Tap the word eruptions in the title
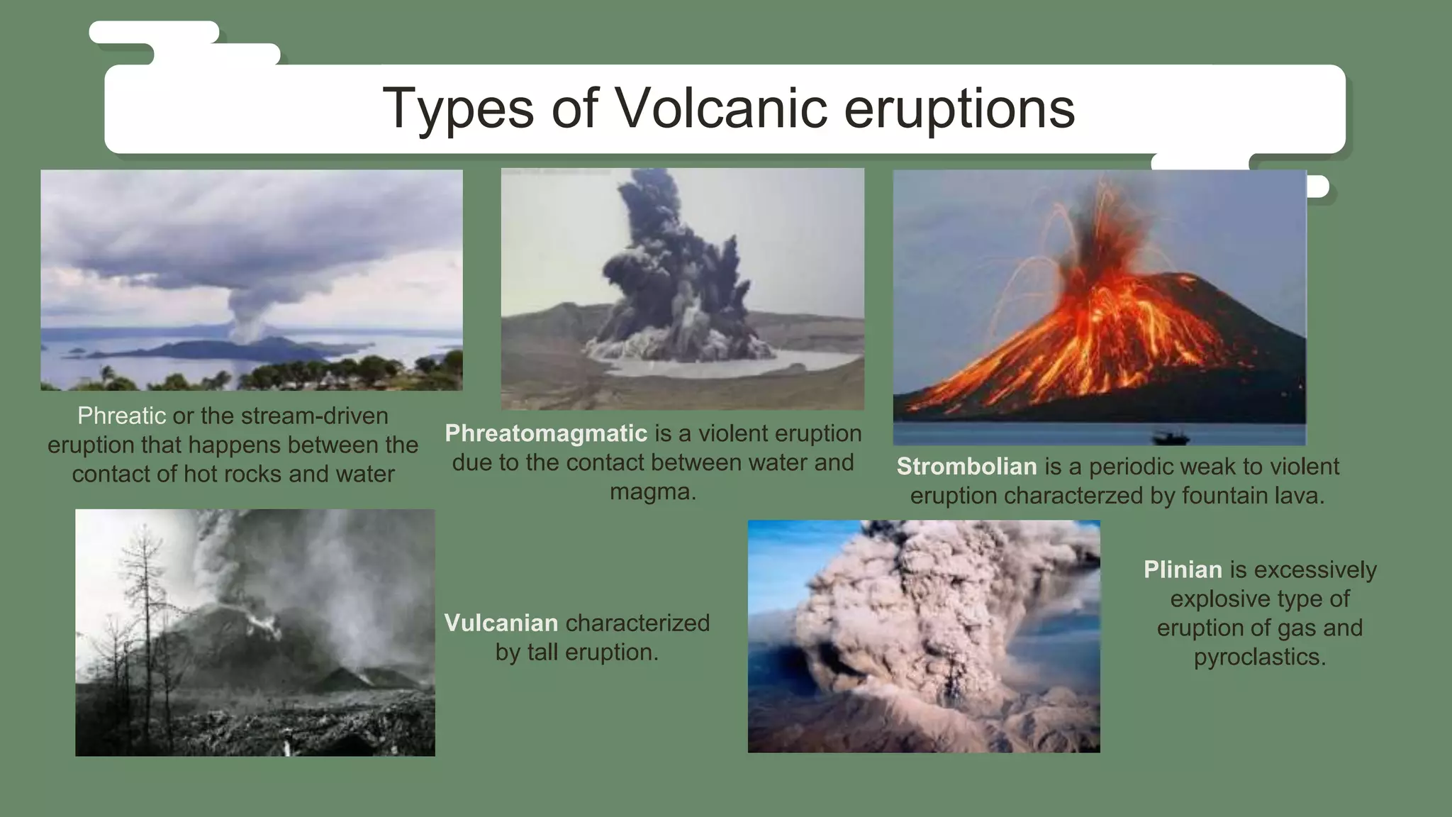[x=959, y=109]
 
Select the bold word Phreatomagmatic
[x=546, y=433]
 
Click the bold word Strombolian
[x=966, y=467]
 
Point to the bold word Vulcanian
[x=501, y=623]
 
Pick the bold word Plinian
[x=1183, y=569]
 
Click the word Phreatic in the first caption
[x=121, y=416]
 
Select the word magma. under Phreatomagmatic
[x=653, y=491]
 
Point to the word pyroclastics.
[x=1259, y=657]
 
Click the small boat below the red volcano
[x=1170, y=437]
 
